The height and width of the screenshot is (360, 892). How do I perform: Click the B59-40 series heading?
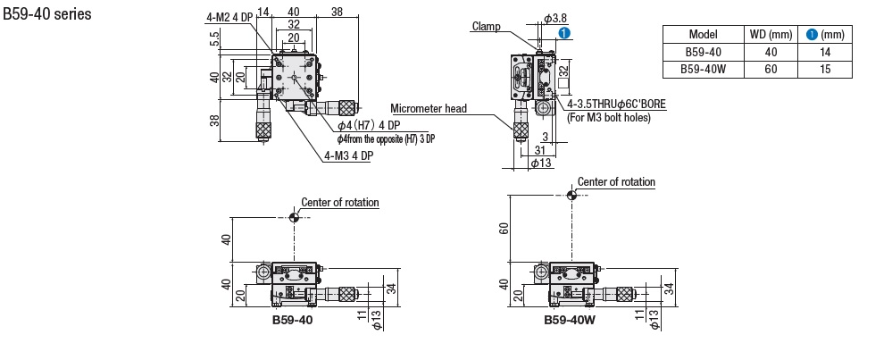pyautogui.click(x=47, y=13)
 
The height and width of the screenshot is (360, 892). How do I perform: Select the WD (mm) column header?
pyautogui.click(x=771, y=35)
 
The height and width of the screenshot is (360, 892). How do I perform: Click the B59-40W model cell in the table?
pyautogui.click(x=703, y=70)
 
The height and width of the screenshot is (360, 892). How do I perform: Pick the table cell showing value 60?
pyautogui.click(x=771, y=70)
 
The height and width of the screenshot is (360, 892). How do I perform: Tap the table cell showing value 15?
pyautogui.click(x=825, y=70)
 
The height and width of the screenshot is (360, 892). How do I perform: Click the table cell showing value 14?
pyautogui.click(x=825, y=53)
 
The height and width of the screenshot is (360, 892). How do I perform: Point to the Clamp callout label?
pyautogui.click(x=486, y=26)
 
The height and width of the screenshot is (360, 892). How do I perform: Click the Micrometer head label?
pyautogui.click(x=429, y=108)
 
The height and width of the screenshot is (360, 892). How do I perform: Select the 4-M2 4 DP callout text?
pyautogui.click(x=229, y=17)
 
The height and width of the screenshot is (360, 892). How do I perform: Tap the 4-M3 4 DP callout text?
pyautogui.click(x=347, y=155)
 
